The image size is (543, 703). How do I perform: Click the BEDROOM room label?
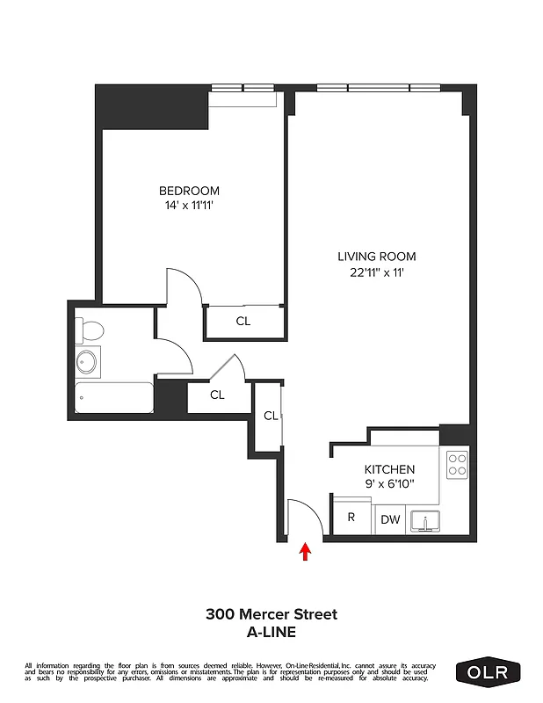[x=189, y=191]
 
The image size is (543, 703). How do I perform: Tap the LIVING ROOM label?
[x=377, y=257]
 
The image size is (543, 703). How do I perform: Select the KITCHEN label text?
[x=389, y=469]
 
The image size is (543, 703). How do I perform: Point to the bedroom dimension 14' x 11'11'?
[x=189, y=206]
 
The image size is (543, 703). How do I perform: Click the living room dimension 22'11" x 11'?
[x=377, y=272]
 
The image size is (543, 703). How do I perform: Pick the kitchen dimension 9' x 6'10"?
[x=389, y=483]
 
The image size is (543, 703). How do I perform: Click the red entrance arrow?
[x=306, y=551]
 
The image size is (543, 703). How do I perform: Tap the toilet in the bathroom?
[x=89, y=330]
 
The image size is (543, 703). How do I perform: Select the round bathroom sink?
[x=87, y=360]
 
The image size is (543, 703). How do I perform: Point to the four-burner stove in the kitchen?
[x=456, y=464]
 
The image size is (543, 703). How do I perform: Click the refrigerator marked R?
[x=351, y=518]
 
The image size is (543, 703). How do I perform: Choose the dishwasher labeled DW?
[x=390, y=520]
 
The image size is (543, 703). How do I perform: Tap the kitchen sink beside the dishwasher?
[x=426, y=522]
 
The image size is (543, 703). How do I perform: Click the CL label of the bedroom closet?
[x=243, y=322]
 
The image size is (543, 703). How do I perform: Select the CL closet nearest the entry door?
[x=271, y=416]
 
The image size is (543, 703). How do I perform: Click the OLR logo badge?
[x=489, y=672]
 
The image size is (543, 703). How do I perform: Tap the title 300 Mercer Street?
[x=271, y=614]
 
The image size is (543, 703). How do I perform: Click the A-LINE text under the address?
[x=271, y=631]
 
